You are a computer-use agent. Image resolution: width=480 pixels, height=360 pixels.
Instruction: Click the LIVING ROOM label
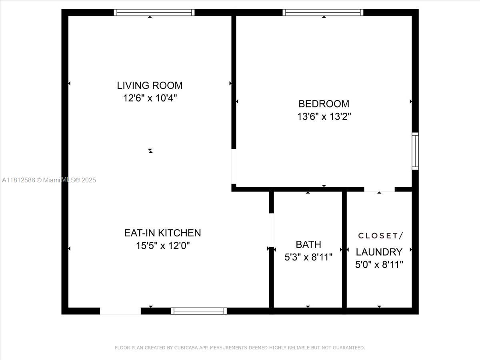150,85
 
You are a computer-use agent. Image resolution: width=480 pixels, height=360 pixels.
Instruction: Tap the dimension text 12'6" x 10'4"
150,98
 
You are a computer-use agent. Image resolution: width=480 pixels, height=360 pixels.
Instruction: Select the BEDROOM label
324,104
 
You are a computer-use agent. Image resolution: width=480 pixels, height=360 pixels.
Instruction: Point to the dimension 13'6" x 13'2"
324,116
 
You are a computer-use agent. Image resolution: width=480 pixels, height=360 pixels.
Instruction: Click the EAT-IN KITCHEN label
162,233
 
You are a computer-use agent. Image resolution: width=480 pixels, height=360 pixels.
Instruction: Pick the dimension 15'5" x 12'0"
162,246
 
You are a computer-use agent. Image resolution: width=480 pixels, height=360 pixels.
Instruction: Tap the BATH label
308,244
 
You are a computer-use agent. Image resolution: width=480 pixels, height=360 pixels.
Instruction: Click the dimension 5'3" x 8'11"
308,257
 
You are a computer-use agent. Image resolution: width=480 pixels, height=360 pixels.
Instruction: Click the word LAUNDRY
379,252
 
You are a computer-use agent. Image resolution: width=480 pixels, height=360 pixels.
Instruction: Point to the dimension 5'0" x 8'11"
379,264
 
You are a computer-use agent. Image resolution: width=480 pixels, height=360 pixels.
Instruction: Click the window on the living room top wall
154,12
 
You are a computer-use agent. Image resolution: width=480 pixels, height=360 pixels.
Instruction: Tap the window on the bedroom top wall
323,12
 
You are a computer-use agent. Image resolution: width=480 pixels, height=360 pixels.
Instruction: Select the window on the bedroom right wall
415,151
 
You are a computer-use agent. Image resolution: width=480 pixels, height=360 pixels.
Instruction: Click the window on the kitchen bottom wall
199,311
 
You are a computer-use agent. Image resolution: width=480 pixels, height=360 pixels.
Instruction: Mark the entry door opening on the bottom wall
120,311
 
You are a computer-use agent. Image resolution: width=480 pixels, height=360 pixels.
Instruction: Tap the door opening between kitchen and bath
271,230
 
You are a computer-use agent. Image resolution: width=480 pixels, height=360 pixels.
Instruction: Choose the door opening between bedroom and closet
379,189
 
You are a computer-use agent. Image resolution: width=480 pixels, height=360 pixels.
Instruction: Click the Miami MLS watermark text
49,180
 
